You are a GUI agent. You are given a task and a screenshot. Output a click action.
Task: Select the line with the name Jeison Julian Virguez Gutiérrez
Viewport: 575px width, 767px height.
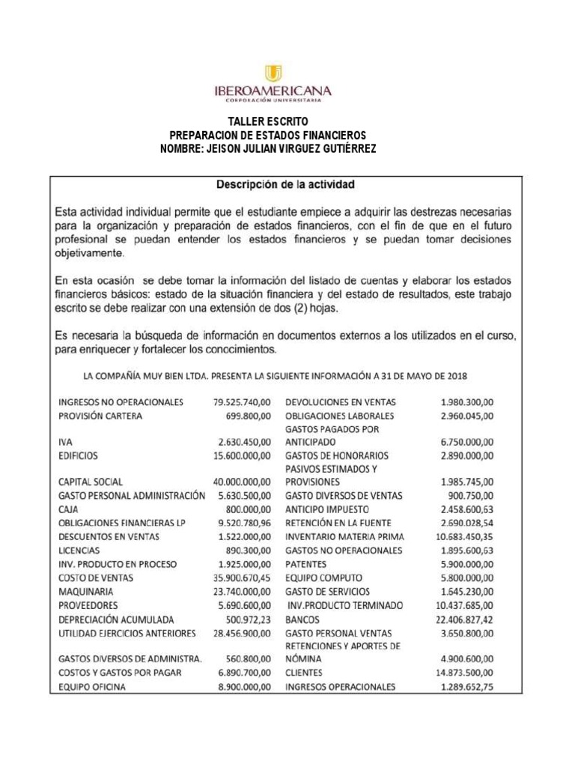268,149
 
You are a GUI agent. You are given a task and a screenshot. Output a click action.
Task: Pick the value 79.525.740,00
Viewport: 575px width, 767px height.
241,401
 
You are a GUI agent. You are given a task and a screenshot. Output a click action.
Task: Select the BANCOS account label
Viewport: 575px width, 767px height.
302,619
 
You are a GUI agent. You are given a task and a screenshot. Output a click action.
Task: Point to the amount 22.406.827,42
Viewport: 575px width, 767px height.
466,619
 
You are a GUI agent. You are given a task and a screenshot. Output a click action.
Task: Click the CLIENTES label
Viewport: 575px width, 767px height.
305,673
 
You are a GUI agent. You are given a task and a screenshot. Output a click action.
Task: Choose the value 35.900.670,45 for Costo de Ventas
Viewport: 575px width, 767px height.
241,577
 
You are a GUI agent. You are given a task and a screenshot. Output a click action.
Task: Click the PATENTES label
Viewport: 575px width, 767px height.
307,564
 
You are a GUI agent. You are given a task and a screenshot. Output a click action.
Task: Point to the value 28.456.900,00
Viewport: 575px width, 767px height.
241,633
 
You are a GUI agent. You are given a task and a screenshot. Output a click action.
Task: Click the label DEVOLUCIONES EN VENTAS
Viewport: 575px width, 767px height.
344,401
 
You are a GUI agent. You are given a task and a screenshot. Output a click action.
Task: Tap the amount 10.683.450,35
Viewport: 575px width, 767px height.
466,536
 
